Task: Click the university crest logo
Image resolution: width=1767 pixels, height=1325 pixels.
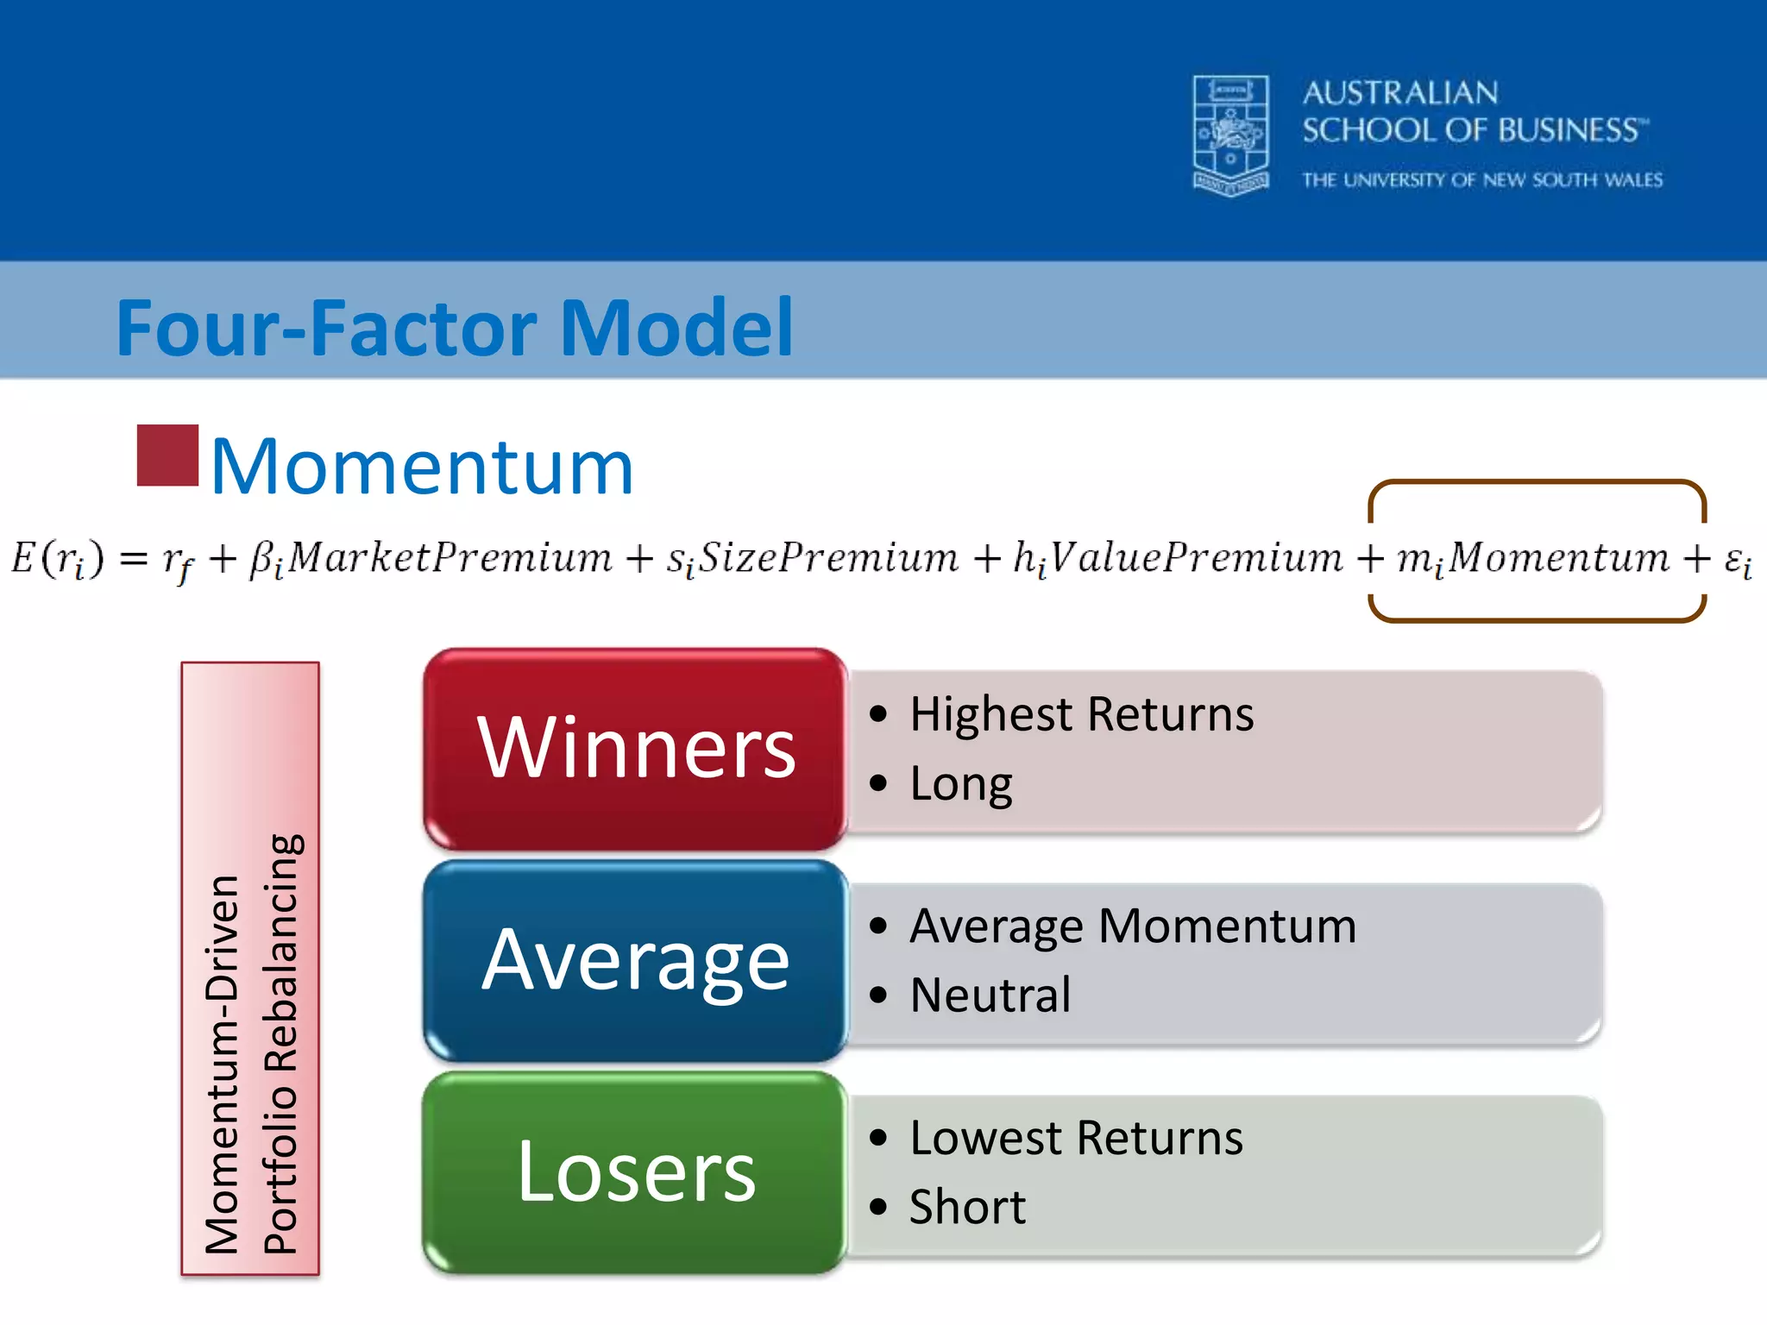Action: pos(1230,135)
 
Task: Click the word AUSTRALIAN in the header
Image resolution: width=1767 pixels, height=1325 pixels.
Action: pos(1400,93)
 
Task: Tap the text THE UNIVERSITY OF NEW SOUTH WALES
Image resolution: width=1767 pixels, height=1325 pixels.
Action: pos(1481,180)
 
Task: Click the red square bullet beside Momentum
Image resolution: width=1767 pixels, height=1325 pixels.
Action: pos(167,455)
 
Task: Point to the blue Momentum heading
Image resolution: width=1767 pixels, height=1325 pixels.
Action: pos(422,467)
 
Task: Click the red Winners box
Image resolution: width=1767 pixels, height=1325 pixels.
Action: pos(636,749)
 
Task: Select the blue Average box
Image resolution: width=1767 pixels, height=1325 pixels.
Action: pos(636,960)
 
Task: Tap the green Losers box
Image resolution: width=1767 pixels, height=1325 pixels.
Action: pos(636,1172)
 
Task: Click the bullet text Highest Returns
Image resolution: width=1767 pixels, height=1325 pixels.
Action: pos(1081,714)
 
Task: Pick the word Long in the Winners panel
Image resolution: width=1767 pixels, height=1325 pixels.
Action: pos(960,784)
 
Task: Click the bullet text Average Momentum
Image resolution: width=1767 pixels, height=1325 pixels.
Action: pos(1132,926)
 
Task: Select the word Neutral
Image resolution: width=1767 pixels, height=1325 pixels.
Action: pos(990,995)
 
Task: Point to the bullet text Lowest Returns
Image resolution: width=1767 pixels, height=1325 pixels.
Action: pos(1076,1138)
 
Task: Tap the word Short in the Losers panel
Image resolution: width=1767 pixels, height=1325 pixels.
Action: pos(967,1207)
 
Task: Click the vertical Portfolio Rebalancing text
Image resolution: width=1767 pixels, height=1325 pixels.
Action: pos(281,1044)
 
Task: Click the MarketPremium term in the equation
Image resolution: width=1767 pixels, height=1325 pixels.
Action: pos(450,557)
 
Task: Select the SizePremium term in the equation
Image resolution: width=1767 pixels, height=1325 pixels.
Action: pos(827,557)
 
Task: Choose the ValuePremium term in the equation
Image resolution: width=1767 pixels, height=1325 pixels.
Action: pos(1195,557)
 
